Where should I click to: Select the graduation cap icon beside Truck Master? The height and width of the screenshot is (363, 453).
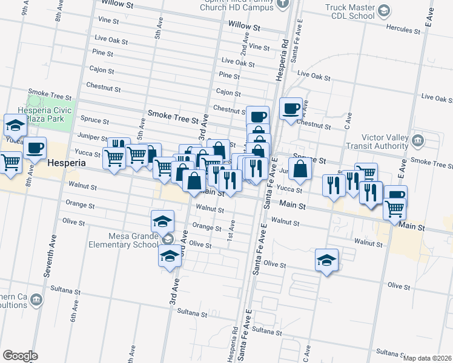[x=384, y=11]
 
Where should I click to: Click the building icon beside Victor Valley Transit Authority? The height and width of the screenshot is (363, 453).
[x=417, y=142]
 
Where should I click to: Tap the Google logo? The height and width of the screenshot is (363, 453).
[x=20, y=356]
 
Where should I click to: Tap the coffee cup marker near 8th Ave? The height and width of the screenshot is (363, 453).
[x=35, y=147]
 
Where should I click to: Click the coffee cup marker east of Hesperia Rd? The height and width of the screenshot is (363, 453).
[x=291, y=108]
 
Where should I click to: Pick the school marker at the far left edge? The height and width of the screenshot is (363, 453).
[x=15, y=125]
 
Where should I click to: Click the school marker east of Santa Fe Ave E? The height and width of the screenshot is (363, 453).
[x=327, y=260]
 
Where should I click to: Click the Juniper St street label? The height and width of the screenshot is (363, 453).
[x=93, y=139]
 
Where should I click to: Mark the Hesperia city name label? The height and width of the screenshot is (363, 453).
[x=67, y=163]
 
